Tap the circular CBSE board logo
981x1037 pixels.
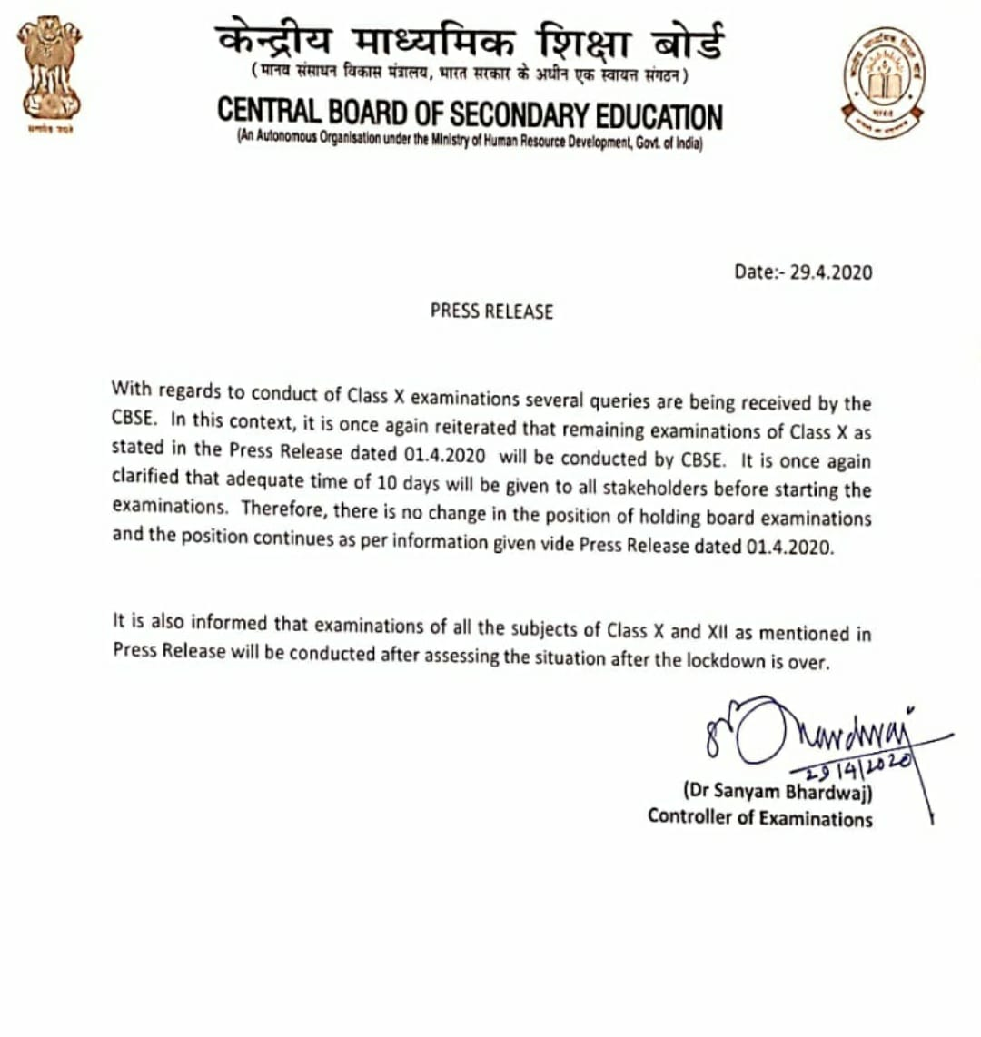coord(883,82)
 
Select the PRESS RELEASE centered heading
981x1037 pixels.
coord(491,311)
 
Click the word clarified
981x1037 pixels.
coord(146,476)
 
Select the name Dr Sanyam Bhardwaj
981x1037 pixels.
coord(778,790)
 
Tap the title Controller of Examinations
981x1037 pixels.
coord(759,817)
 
